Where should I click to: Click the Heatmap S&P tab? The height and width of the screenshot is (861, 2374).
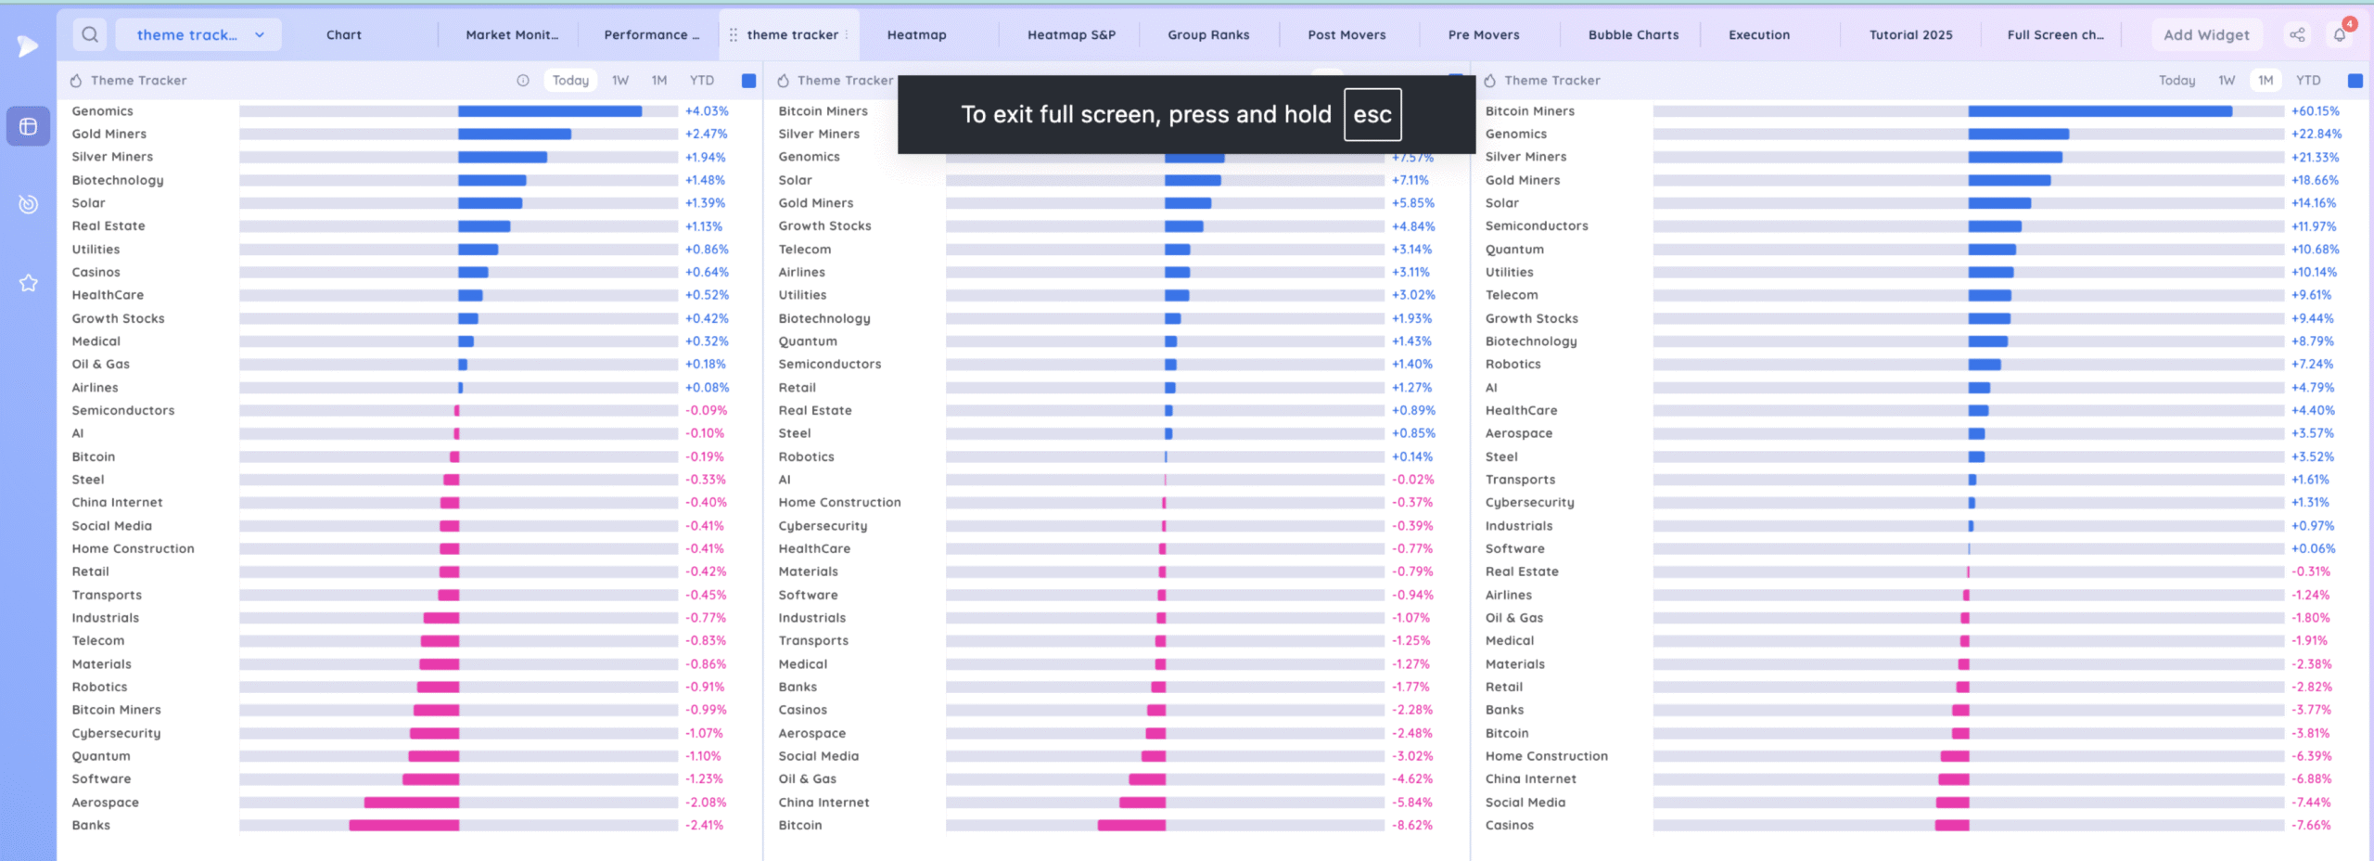pos(1071,35)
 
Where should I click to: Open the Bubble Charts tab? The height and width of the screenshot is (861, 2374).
pos(1633,35)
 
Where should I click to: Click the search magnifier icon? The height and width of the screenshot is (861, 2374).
pos(90,35)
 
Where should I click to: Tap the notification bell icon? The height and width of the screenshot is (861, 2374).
pos(2340,35)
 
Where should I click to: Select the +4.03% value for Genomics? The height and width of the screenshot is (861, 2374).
pos(707,111)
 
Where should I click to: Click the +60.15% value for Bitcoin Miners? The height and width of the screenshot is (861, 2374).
pos(2316,111)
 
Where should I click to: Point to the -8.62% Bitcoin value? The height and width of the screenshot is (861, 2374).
pos(1412,825)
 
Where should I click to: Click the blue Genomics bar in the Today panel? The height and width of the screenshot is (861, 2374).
pos(550,111)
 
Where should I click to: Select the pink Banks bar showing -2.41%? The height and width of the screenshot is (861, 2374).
pos(404,825)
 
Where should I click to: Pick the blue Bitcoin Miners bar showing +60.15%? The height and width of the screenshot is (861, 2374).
pos(2100,111)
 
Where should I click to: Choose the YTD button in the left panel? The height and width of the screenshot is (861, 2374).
pos(702,81)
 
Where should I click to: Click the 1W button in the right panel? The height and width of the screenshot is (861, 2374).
pos(2227,81)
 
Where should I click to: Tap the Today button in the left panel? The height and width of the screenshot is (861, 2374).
pos(570,81)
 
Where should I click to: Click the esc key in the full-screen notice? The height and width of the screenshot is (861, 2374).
pos(1372,114)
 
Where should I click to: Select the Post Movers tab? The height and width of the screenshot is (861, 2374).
pos(1347,35)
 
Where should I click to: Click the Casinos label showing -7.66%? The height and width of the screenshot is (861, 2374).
pos(1510,825)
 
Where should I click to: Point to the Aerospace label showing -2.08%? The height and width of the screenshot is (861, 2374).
pos(106,803)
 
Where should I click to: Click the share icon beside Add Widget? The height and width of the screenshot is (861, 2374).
pos(2297,35)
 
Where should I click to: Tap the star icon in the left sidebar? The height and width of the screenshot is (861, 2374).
pos(29,283)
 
